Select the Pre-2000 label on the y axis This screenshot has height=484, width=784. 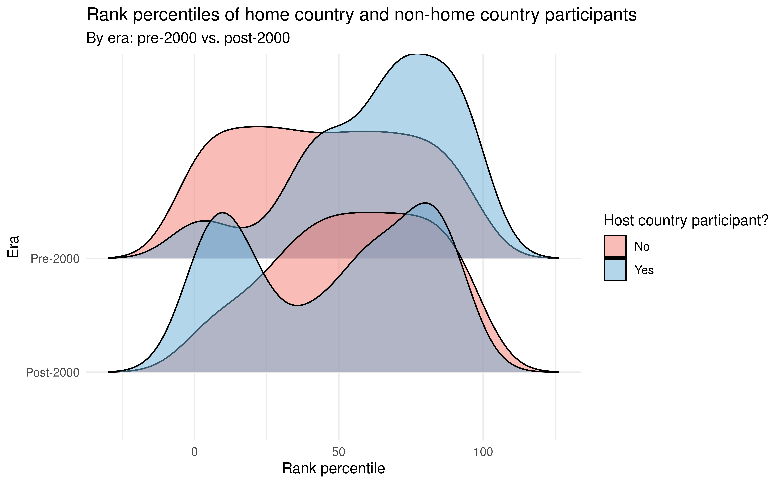tap(55, 259)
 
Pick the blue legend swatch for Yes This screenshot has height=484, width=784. tap(615, 270)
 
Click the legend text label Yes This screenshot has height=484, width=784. tap(644, 270)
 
